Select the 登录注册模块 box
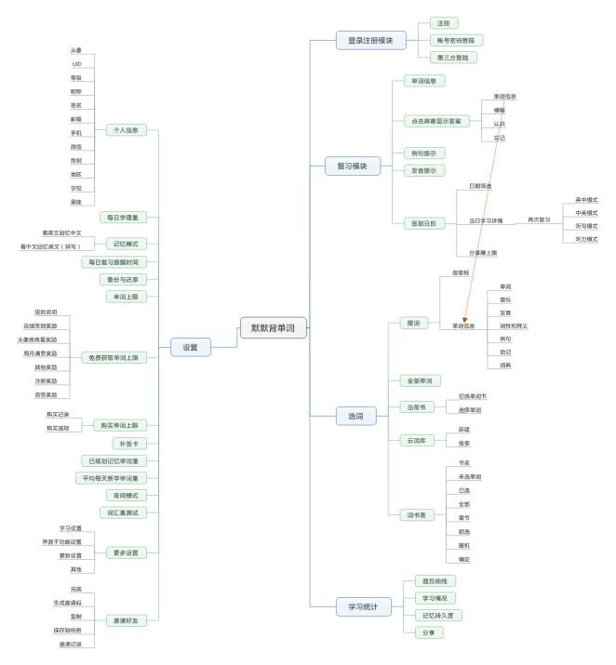tap(371, 40)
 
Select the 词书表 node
tap(417, 514)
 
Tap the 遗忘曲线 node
tap(435, 581)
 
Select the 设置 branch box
tap(191, 347)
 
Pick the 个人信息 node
tap(127, 130)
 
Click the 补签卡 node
tap(128, 444)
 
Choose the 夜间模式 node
tap(128, 495)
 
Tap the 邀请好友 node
tap(127, 622)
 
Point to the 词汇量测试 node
tap(128, 512)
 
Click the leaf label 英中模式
tap(586, 200)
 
